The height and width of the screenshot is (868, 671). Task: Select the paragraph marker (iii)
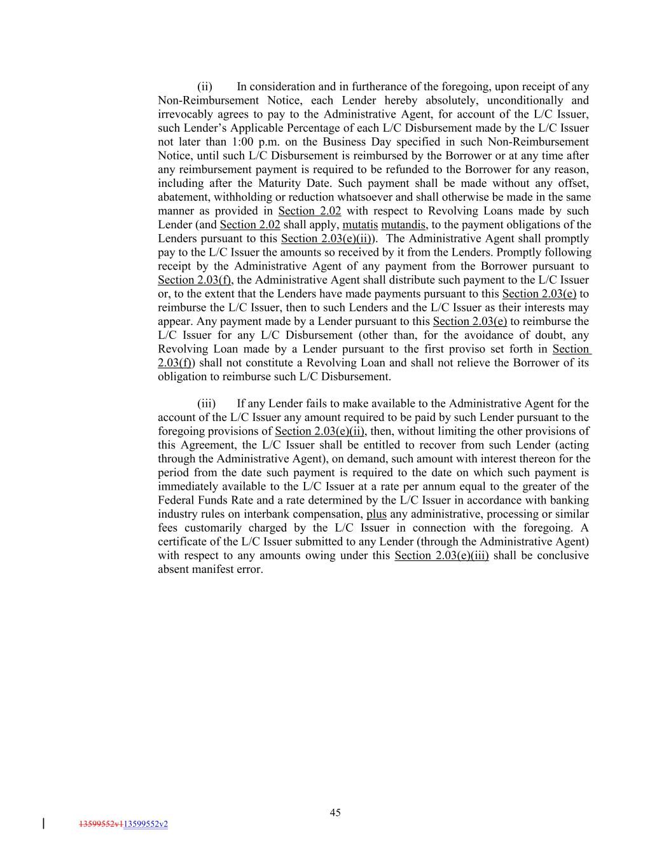point(206,404)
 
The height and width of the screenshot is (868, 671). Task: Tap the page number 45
point(335,812)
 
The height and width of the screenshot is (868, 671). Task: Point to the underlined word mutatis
point(360,224)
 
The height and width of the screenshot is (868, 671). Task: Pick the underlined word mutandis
point(403,224)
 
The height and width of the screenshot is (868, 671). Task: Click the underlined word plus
point(377,514)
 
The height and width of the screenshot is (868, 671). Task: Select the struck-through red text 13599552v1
point(101,824)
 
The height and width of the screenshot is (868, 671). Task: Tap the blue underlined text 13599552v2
point(146,824)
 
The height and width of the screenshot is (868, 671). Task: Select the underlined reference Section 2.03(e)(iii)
point(441,556)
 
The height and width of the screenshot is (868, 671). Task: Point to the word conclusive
point(562,556)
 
